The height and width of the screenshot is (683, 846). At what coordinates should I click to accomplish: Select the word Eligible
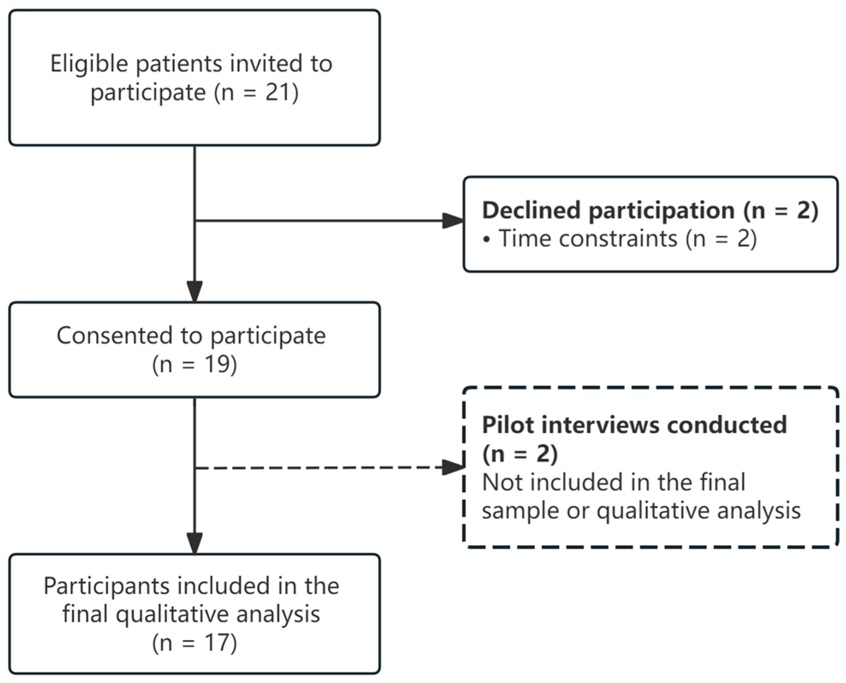(89, 64)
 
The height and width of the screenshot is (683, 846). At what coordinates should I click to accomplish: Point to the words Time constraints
(588, 238)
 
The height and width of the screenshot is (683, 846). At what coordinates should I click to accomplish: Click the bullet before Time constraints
(486, 240)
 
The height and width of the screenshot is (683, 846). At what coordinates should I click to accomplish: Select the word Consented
(115, 335)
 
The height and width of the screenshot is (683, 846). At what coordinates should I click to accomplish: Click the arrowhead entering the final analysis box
(195, 544)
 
